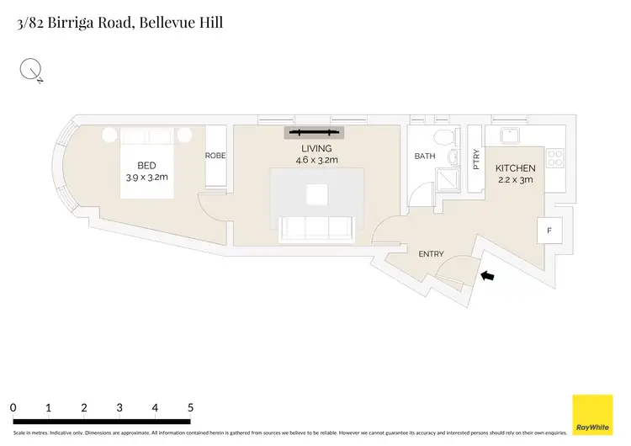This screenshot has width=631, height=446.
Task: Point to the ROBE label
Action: (215, 156)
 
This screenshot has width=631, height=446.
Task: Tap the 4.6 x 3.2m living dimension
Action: (316, 160)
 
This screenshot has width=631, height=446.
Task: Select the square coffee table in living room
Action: (316, 195)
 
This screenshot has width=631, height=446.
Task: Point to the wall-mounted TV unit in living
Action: (315, 132)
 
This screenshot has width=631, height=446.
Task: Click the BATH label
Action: (425, 157)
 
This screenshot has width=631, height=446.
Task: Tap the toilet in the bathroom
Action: (443, 138)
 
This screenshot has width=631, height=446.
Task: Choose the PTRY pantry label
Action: (475, 160)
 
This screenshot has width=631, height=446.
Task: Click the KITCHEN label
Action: (515, 168)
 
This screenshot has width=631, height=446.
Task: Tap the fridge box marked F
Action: (549, 230)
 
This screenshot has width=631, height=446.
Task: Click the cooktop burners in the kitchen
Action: (554, 157)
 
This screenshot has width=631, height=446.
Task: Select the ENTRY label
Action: (431, 252)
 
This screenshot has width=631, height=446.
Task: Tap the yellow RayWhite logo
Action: (592, 415)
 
